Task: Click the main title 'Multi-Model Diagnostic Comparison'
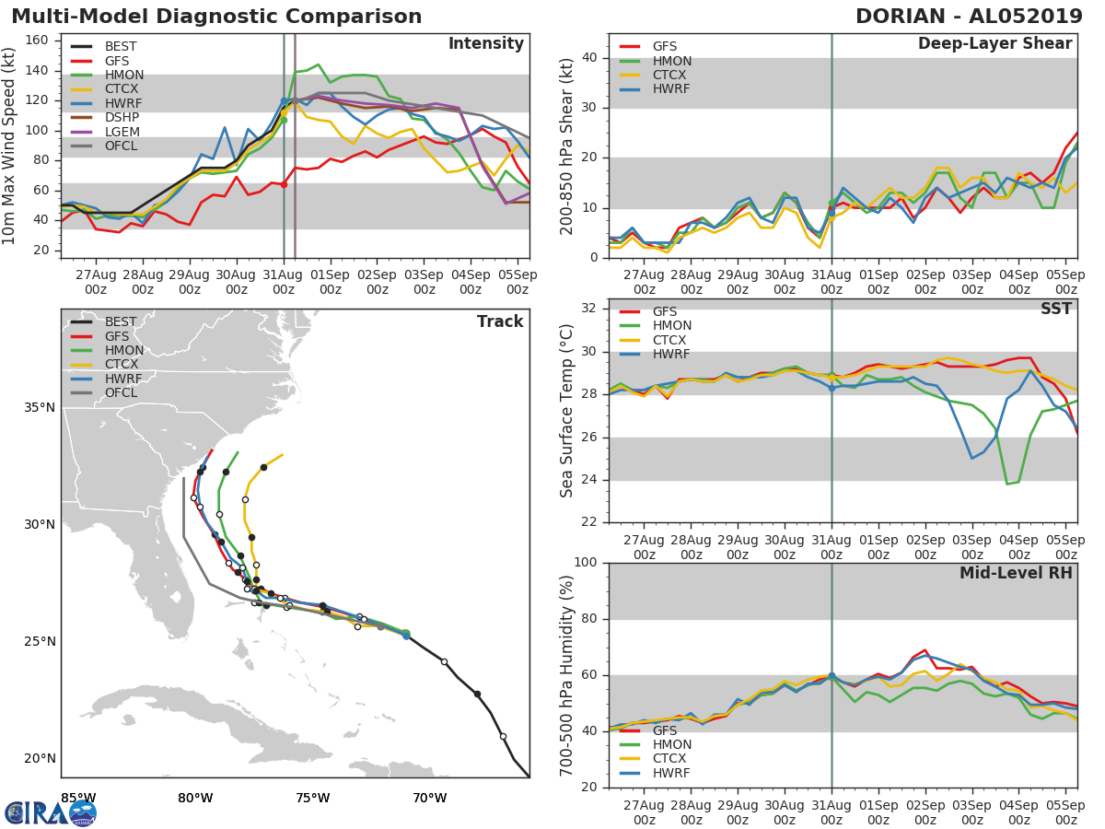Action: coord(216,17)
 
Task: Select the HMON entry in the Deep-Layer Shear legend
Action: coord(672,61)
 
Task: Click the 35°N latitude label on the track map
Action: coord(40,407)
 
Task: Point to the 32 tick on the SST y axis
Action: coord(589,309)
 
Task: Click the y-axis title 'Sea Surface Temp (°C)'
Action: coord(566,410)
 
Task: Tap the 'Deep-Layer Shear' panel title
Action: coord(994,44)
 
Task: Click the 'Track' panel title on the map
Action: coord(500,321)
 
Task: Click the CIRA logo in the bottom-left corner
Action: coord(51,812)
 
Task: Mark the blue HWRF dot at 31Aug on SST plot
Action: coord(832,388)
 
